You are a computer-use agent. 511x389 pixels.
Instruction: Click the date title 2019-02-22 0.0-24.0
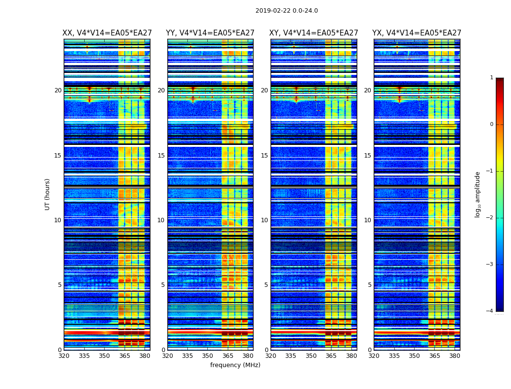point(287,11)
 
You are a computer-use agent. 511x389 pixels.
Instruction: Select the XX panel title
point(107,33)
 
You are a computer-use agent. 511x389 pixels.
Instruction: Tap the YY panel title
point(210,33)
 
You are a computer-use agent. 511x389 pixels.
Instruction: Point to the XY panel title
point(314,33)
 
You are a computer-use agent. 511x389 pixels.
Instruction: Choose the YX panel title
point(417,33)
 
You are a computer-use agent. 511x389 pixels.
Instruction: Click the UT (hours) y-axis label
point(48,194)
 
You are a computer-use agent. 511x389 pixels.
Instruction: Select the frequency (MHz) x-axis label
point(235,365)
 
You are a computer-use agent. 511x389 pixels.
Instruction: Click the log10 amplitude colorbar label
point(478,194)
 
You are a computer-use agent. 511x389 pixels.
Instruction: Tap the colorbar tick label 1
point(492,78)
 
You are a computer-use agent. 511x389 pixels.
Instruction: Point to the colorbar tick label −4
point(490,311)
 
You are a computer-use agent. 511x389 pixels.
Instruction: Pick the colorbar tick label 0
point(492,124)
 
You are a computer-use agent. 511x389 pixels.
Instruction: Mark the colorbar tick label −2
point(490,218)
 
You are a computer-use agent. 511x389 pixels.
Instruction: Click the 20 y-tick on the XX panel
point(58,90)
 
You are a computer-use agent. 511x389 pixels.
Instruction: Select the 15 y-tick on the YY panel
point(162,156)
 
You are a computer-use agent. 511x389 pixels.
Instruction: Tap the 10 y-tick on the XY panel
point(265,220)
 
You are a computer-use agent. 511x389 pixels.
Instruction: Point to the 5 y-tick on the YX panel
point(370,285)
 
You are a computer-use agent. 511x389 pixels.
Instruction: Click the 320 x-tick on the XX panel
point(64,356)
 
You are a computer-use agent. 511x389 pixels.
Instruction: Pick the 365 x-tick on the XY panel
point(331,356)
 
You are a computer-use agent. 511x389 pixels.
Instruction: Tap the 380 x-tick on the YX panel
point(455,356)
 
